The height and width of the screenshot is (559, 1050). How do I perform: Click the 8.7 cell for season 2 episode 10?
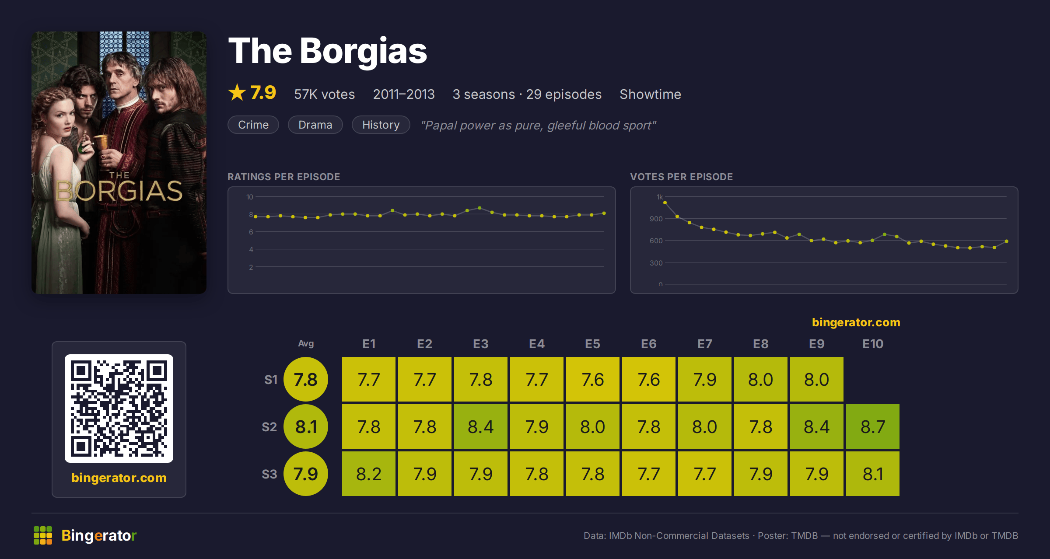(x=873, y=426)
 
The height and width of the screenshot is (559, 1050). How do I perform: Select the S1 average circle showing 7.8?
(x=306, y=379)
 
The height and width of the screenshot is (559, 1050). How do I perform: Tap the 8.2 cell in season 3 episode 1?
(x=369, y=474)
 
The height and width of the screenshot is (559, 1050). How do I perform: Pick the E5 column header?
(x=593, y=344)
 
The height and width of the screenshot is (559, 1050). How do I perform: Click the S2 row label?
(x=269, y=427)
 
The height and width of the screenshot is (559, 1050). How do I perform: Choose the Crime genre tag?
(x=253, y=125)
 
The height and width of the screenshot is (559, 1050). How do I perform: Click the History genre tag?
(x=381, y=125)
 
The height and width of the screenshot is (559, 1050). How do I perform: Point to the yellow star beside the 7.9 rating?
(x=237, y=92)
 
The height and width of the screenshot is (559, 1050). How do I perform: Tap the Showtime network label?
(x=650, y=94)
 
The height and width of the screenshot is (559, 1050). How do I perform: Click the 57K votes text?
(x=325, y=94)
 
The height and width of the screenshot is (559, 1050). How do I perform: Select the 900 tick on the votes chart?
(x=656, y=219)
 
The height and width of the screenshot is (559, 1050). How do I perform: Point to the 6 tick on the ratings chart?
(x=251, y=232)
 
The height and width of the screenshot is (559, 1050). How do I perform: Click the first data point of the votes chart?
(x=665, y=203)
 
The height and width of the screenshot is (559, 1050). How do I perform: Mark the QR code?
(x=119, y=409)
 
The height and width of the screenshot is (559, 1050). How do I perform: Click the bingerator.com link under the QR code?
(x=119, y=477)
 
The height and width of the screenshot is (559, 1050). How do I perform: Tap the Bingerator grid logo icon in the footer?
(x=43, y=535)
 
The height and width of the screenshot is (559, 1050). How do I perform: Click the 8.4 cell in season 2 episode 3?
(x=481, y=426)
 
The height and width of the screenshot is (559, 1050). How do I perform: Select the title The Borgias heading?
(x=328, y=51)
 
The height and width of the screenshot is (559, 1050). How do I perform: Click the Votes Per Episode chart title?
(x=681, y=177)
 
